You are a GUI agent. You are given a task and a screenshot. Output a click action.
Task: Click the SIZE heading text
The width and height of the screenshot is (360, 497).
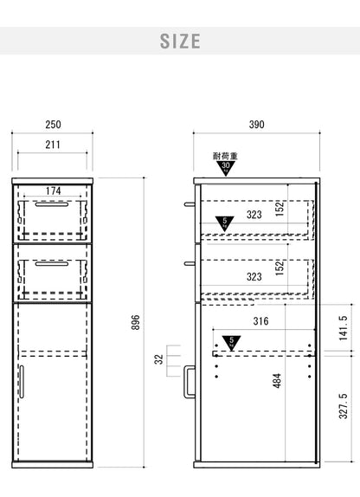[x=180, y=42]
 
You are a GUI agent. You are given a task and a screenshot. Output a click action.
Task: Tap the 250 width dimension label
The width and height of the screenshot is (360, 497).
[x=53, y=125]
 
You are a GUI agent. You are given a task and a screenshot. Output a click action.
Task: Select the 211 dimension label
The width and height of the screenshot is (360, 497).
[x=53, y=145]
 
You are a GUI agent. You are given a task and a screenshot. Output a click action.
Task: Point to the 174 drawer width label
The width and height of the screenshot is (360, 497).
[x=54, y=190]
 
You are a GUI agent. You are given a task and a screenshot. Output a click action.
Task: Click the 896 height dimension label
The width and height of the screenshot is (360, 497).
[x=136, y=322]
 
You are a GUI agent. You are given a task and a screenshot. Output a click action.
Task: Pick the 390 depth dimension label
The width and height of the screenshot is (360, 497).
[x=256, y=125]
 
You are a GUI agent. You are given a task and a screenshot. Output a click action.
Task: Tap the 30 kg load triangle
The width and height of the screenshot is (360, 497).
[x=226, y=168]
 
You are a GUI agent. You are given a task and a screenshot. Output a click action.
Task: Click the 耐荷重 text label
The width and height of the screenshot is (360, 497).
[x=225, y=156]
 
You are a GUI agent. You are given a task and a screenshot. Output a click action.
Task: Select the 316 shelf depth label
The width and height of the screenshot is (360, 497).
[x=260, y=321]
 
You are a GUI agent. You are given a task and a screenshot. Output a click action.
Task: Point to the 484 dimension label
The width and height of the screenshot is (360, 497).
[x=277, y=381]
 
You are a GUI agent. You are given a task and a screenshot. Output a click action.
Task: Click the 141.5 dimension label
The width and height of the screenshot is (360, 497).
[x=344, y=328]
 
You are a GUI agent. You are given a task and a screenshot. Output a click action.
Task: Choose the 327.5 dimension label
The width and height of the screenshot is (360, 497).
[x=344, y=406]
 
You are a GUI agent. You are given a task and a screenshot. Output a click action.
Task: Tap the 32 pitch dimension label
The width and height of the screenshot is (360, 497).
[x=158, y=359]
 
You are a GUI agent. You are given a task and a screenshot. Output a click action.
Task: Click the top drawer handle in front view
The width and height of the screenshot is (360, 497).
[x=52, y=204]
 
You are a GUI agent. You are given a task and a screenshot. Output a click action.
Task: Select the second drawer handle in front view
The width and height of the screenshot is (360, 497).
[x=52, y=263]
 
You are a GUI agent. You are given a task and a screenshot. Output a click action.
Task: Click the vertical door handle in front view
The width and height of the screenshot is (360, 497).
[x=22, y=382]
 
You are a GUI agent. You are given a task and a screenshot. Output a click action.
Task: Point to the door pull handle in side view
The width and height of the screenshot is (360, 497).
[x=190, y=382]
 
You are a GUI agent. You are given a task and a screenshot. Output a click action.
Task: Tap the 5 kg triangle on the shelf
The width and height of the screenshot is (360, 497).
[x=231, y=343]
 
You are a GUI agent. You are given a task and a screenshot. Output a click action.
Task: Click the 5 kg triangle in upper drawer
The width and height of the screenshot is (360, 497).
[x=225, y=223]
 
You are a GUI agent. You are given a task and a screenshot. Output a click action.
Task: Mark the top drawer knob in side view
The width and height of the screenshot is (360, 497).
[x=190, y=204]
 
